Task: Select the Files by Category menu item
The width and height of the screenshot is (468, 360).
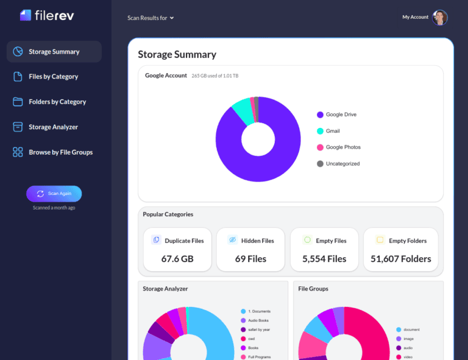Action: click(54, 77)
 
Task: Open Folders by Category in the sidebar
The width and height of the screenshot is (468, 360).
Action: click(57, 102)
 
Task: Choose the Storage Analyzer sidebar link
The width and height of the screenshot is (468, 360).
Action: click(54, 127)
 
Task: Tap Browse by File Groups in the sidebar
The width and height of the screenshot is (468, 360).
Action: click(60, 152)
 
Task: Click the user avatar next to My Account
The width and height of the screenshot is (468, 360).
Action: click(440, 17)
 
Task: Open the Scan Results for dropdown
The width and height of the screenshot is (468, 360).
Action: click(151, 18)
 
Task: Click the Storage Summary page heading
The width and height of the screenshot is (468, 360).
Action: click(177, 54)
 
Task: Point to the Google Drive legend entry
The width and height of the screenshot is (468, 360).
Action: click(341, 115)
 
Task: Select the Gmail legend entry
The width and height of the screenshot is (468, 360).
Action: click(333, 131)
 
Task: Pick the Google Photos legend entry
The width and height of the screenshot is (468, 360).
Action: click(342, 147)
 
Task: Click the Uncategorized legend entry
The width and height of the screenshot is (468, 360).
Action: click(342, 164)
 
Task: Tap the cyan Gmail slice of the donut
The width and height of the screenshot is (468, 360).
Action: click(241, 112)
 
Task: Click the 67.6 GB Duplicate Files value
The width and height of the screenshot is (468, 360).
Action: click(177, 259)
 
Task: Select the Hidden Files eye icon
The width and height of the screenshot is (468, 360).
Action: click(232, 240)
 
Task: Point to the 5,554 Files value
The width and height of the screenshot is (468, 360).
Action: click(324, 259)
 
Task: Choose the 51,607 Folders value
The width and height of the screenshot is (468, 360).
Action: click(400, 259)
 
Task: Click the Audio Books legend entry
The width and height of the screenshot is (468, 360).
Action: click(258, 320)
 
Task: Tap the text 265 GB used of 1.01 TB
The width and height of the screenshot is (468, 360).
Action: click(215, 76)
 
